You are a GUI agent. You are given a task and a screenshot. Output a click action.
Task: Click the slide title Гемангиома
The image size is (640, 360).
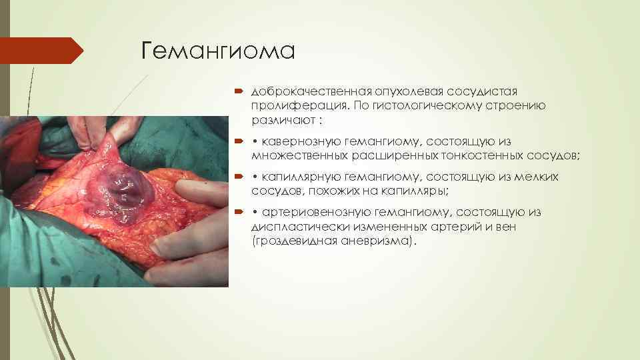[218, 51]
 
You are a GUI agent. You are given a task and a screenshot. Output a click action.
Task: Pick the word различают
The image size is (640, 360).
[280, 121]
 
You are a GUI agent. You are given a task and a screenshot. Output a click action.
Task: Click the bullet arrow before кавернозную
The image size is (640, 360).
[241, 141]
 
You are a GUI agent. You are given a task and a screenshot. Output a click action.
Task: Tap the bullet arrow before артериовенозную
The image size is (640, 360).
[241, 212]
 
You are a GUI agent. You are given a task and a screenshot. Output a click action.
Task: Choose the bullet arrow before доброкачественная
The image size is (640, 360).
[241, 91]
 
